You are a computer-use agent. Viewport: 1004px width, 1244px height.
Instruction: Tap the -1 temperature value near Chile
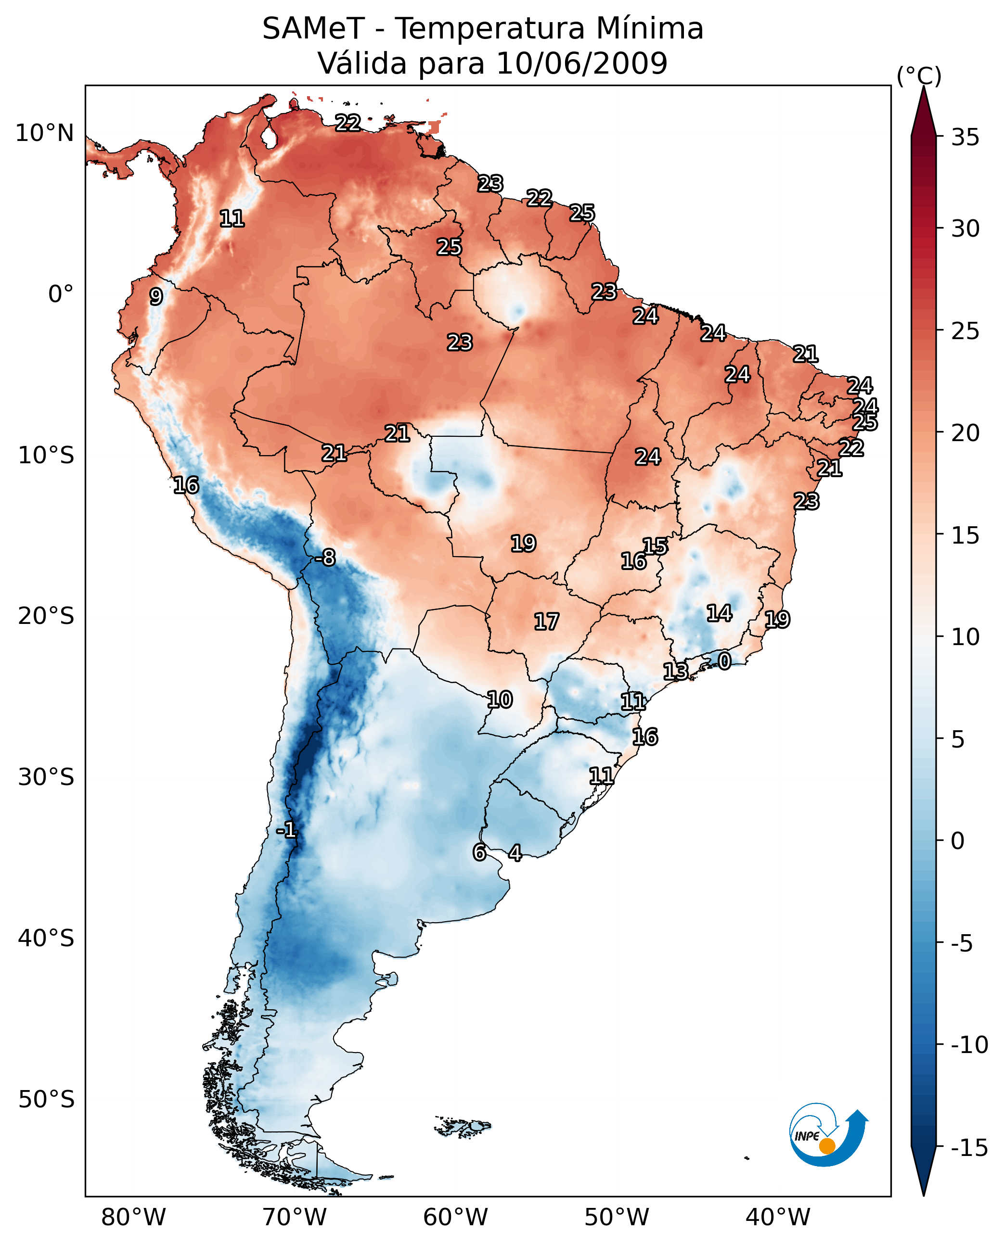(x=286, y=830)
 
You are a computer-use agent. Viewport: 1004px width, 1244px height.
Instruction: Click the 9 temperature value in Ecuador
(x=156, y=296)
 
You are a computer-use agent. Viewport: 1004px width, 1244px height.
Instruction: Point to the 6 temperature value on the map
(x=479, y=852)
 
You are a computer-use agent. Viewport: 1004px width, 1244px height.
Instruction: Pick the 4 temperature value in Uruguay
(x=515, y=852)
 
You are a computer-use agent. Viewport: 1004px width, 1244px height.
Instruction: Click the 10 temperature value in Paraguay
(x=500, y=699)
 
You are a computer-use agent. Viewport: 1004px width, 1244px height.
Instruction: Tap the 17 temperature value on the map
(x=546, y=622)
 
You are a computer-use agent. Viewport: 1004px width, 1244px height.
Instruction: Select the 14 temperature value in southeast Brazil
(x=720, y=613)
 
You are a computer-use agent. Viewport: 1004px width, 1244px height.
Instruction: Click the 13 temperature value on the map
(x=675, y=671)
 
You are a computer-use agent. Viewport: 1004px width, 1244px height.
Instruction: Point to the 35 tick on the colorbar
(x=965, y=138)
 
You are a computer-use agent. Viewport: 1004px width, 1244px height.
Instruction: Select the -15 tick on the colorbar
(x=969, y=1148)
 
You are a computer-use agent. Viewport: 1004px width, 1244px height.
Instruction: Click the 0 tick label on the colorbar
(x=958, y=841)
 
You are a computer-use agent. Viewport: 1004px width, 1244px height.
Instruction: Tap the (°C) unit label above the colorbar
(x=919, y=76)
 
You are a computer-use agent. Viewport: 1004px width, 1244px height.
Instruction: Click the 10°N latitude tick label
(x=45, y=134)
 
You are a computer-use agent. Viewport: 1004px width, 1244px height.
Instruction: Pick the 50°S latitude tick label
(x=46, y=1100)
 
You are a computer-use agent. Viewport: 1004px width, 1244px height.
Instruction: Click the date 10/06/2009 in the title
(x=582, y=63)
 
